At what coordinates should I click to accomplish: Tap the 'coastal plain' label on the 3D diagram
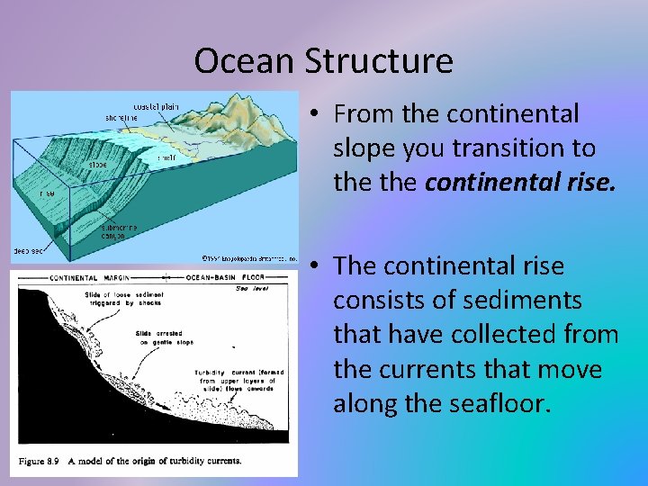[157, 106]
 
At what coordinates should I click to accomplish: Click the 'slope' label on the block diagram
[99, 165]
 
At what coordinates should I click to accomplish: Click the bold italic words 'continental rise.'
[520, 183]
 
